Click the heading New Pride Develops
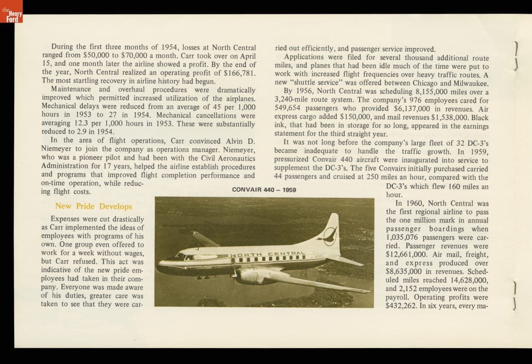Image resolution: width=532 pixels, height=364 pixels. pyautogui.click(x=93, y=206)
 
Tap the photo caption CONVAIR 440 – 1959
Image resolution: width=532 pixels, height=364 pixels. pyautogui.click(x=264, y=189)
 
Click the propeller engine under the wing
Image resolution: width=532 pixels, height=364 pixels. pyautogui.click(x=253, y=275)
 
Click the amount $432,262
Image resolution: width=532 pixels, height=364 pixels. pyautogui.click(x=401, y=306)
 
